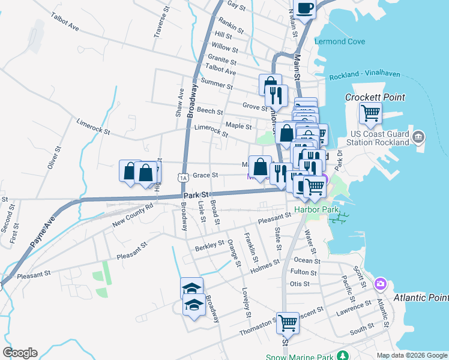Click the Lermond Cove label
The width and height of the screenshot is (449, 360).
(339, 41)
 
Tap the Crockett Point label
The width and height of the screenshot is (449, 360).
(375, 97)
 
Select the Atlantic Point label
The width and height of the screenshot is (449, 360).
(421, 298)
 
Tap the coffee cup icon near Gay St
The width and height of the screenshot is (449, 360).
(304, 8)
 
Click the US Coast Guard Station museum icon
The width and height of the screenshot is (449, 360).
(418, 137)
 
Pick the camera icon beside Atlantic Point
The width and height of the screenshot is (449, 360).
(380, 283)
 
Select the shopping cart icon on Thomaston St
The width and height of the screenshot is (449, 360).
(288, 323)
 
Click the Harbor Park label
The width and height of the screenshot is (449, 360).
(316, 210)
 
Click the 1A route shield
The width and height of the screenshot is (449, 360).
(183, 178)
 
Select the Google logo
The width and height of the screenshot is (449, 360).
(20, 353)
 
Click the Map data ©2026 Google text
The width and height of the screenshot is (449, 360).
(411, 355)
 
